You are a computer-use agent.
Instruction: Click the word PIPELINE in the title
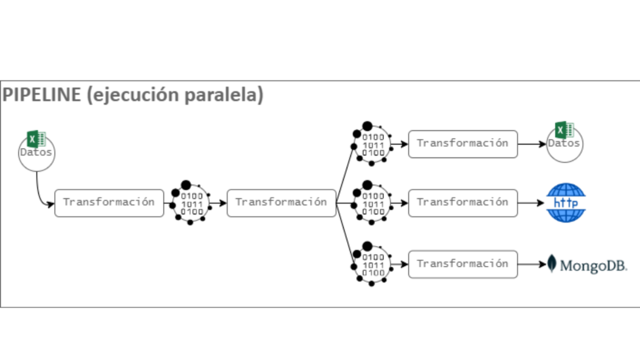(x=42, y=95)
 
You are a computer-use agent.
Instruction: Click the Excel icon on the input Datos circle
(x=36, y=139)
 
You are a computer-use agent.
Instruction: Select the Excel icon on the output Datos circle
(x=564, y=130)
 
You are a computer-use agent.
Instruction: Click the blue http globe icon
(x=566, y=203)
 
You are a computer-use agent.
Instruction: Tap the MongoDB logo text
(x=593, y=266)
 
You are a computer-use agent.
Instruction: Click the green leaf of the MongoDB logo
(x=551, y=264)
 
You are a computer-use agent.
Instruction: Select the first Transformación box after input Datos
(x=109, y=203)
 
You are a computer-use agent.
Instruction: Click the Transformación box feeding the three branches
(x=281, y=203)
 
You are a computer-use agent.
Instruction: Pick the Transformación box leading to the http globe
(x=463, y=203)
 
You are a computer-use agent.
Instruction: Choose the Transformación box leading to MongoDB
(x=463, y=264)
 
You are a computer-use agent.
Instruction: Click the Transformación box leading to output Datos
(x=463, y=144)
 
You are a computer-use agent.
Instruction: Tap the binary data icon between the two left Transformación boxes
(x=190, y=203)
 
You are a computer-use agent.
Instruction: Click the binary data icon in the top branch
(x=372, y=144)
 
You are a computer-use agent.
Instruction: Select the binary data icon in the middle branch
(x=372, y=203)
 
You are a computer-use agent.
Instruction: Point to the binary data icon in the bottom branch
(x=372, y=265)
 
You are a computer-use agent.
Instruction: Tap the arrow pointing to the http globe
(x=531, y=203)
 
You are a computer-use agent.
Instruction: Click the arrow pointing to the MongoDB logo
(x=531, y=264)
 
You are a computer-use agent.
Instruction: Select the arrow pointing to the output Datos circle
(x=531, y=144)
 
